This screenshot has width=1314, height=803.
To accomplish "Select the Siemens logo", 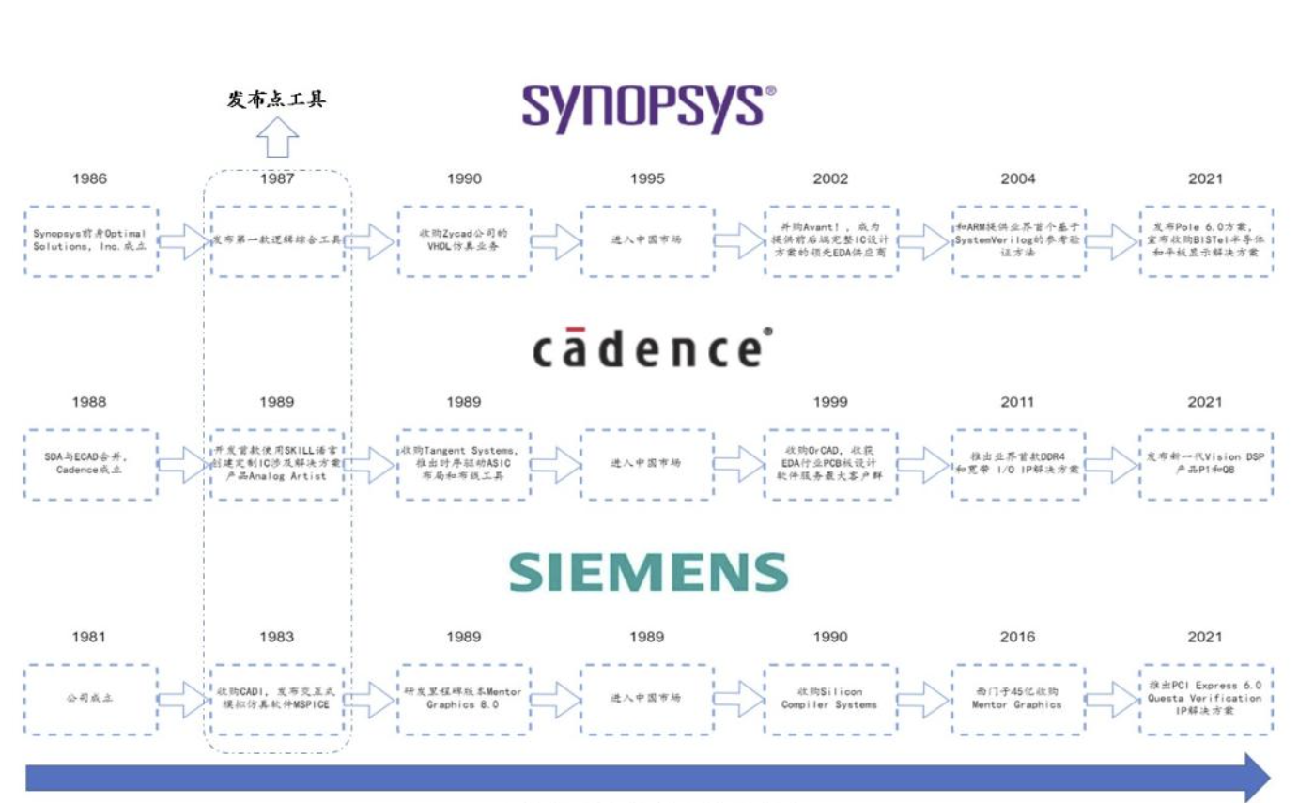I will pyautogui.click(x=648, y=571).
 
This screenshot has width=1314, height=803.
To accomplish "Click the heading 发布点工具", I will pyautogui.click(x=276, y=100).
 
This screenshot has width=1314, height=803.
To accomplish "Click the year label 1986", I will pyautogui.click(x=90, y=179).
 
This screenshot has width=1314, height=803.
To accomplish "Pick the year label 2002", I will pyautogui.click(x=830, y=179).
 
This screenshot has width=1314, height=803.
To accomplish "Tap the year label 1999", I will pyautogui.click(x=830, y=402).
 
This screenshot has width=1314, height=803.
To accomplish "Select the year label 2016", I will pyautogui.click(x=1017, y=637).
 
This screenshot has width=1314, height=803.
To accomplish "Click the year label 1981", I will pyautogui.click(x=90, y=637).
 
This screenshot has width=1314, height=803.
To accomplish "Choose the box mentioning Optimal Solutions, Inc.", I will pyautogui.click(x=90, y=241).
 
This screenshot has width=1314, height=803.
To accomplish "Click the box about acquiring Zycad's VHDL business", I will pyautogui.click(x=464, y=241).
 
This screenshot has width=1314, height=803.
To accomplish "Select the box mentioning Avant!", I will pyautogui.click(x=830, y=241).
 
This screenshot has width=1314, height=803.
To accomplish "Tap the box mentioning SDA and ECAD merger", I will pyautogui.click(x=90, y=464).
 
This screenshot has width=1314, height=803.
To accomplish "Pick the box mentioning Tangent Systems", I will pyautogui.click(x=464, y=464).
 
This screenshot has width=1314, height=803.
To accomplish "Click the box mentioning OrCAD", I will pyautogui.click(x=830, y=464).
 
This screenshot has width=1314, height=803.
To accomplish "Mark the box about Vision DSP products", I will pyautogui.click(x=1205, y=464).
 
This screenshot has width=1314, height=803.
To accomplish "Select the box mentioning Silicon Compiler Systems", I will pyautogui.click(x=830, y=699).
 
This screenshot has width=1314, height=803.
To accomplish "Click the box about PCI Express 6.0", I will pyautogui.click(x=1205, y=699).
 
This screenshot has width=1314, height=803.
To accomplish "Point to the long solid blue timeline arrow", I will pyautogui.click(x=639, y=778).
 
